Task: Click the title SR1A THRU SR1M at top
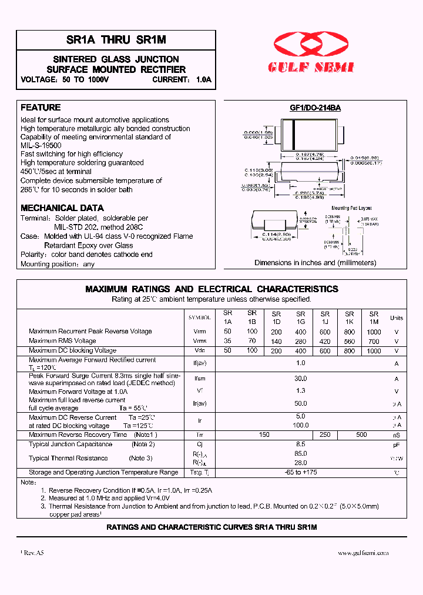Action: pos(116,40)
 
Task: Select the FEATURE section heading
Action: pos(41,108)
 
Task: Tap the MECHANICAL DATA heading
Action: pos(62,208)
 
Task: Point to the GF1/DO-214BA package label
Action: pos(315,108)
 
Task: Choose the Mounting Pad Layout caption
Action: pos(351,208)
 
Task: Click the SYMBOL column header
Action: pos(199,317)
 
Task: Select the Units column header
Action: pos(397,318)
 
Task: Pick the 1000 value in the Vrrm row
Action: pos(374,332)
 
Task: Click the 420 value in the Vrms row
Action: pos(325,341)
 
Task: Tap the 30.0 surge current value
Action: pos(301,379)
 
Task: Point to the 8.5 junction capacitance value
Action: pos(301,444)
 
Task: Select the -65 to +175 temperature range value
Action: pos(301,472)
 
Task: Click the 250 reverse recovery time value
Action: pos(325,435)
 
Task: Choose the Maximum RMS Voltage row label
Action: pos(62,341)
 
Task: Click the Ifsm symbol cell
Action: pos(200,379)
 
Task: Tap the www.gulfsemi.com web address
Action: pos(363,553)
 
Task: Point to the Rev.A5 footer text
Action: pos(33,553)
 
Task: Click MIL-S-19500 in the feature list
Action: pos(41,145)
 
